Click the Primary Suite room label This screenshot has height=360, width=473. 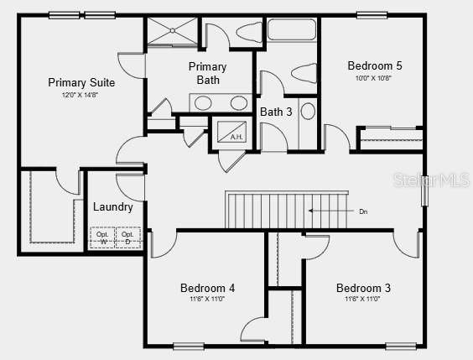[81, 82]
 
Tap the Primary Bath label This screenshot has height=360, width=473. [207, 73]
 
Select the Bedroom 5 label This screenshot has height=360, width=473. [374, 65]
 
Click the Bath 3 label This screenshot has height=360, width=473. [276, 112]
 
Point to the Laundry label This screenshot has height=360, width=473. [112, 206]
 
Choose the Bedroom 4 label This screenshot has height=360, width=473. [207, 288]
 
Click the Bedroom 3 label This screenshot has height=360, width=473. [363, 288]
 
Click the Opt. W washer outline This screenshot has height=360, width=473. [103, 237]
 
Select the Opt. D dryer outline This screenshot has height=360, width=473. [127, 237]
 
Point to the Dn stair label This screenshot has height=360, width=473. [363, 211]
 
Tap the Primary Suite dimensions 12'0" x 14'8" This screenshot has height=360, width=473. [81, 95]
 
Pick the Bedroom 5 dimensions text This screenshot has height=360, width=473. [373, 78]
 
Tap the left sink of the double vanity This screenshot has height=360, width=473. [204, 103]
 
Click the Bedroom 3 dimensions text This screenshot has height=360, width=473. [363, 300]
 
